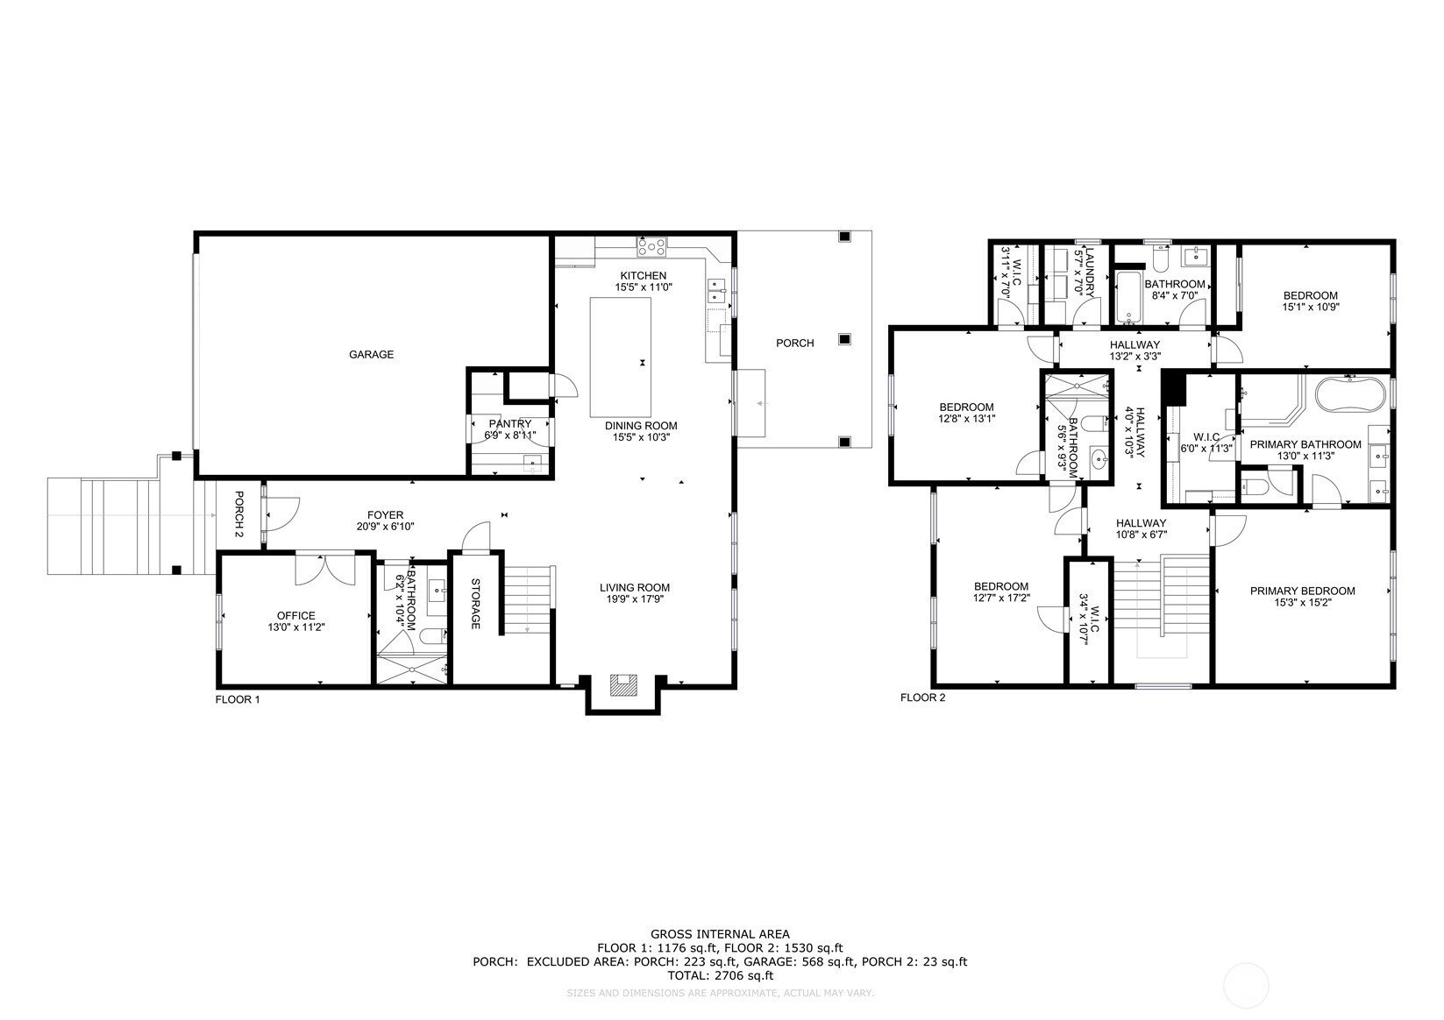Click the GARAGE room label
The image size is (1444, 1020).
tap(372, 354)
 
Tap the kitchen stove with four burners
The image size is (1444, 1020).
tap(651, 246)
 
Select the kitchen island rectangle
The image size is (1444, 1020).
tap(620, 357)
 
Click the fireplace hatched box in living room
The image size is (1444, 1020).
tap(623, 684)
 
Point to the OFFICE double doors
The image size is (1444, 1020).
tap(324, 569)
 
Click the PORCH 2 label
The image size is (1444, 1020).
tap(238, 514)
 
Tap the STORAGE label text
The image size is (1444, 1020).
tap(475, 604)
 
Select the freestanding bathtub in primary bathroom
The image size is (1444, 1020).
tap(1349, 394)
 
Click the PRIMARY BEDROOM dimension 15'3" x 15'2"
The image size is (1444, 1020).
tap(1302, 603)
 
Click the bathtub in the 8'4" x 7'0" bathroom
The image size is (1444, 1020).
tap(1127, 297)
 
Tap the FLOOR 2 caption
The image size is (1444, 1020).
tap(923, 698)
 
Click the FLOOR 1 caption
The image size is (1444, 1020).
tap(238, 699)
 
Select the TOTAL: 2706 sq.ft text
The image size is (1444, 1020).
tap(720, 975)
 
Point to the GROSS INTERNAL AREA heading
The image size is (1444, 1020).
tap(720, 933)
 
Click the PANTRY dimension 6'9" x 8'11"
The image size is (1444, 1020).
tap(510, 435)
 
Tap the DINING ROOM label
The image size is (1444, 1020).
tap(641, 426)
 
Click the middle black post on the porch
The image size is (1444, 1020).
tap(843, 339)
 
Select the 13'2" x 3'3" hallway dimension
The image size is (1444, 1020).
tap(1135, 356)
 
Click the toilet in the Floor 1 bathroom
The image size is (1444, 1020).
tap(431, 636)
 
